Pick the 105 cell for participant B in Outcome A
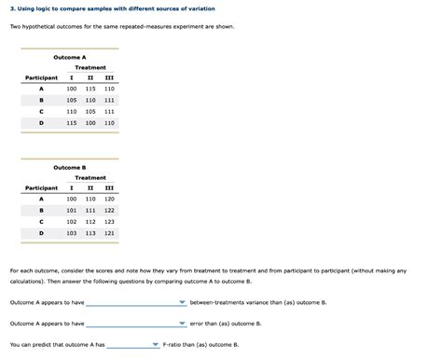[72, 100]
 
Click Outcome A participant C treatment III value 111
[109, 111]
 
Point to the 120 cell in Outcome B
[109, 199]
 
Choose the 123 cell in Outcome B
[109, 221]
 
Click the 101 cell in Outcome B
[72, 210]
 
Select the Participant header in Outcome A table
[41, 77]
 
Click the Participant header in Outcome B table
[41, 187]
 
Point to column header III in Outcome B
[109, 187]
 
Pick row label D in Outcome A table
[41, 122]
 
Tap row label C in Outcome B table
[41, 221]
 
